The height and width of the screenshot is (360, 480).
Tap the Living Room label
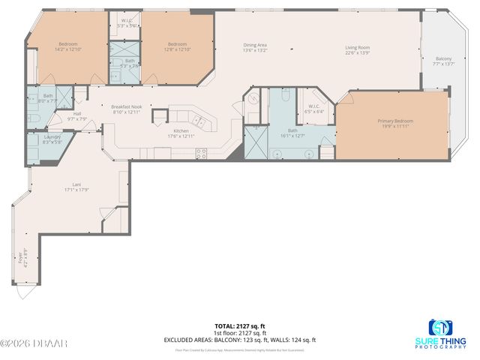(x=357, y=46)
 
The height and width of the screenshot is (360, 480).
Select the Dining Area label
(x=255, y=45)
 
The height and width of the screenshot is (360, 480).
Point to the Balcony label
(x=443, y=58)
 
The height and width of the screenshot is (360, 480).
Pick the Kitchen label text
(x=181, y=130)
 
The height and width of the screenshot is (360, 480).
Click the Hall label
(x=77, y=113)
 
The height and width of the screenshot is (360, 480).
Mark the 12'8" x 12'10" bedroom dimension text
(x=177, y=49)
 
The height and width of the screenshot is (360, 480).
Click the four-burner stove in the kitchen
(x=201, y=152)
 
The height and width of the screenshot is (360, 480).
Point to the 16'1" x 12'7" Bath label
(x=292, y=133)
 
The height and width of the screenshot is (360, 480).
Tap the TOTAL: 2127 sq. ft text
(x=239, y=325)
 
